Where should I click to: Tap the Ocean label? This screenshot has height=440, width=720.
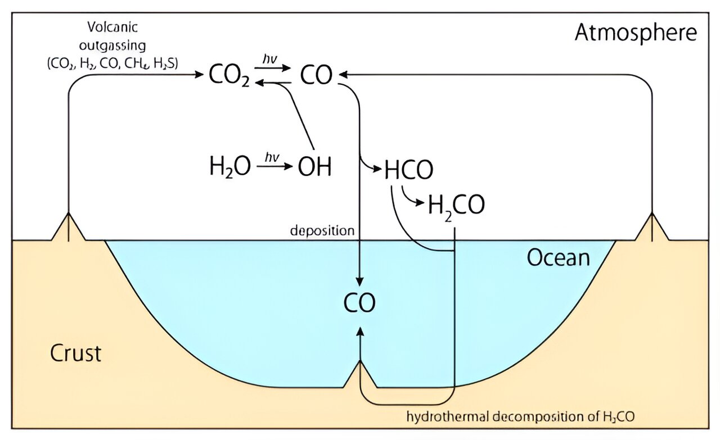[558, 257]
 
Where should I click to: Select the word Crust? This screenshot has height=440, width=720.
[76, 353]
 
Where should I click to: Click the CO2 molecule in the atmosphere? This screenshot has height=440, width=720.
[228, 75]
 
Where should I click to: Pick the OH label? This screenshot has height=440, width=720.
[314, 167]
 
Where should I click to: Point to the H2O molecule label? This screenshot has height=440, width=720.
[229, 167]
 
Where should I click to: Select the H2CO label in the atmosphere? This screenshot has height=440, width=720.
[456, 206]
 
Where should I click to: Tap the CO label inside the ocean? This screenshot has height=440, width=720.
[359, 303]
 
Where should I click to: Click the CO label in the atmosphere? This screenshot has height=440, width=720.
[316, 75]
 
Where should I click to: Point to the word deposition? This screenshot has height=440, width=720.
[322, 230]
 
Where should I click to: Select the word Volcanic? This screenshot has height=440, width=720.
[112, 26]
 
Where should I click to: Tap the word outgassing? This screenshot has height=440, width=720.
[112, 45]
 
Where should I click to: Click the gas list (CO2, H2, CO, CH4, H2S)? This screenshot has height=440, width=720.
[112, 63]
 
